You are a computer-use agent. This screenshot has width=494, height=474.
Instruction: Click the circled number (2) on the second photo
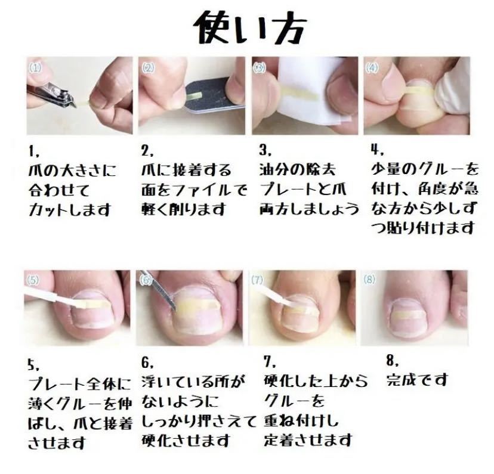[x=149, y=68]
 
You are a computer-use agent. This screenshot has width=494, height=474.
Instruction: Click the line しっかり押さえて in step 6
[x=198, y=420]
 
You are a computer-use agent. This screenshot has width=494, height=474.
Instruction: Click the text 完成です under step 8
[x=416, y=379]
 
